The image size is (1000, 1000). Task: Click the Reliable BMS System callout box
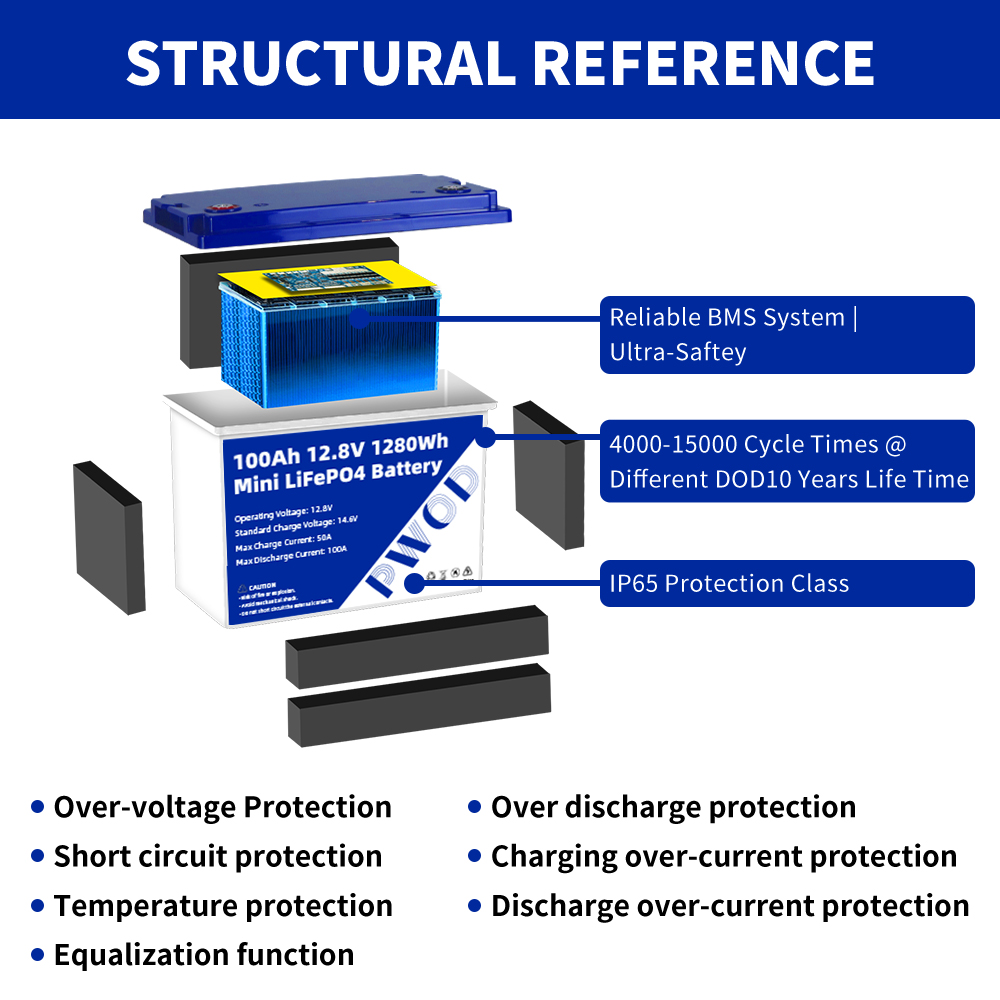pos(787,335)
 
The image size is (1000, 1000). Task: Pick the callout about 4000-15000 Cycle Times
pos(787,461)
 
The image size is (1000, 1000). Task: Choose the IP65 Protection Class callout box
pos(787,584)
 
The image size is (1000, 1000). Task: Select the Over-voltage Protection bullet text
pos(222,807)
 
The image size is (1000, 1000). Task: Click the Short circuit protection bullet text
pos(217,856)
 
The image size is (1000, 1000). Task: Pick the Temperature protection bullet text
pos(222,906)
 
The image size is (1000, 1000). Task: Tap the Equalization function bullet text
pos(203,955)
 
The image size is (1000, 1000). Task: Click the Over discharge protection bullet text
pos(673,807)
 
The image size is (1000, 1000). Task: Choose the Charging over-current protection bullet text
pos(723,856)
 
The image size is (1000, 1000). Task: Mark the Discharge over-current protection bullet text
pos(729,906)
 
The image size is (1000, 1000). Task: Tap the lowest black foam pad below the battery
pos(418,706)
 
